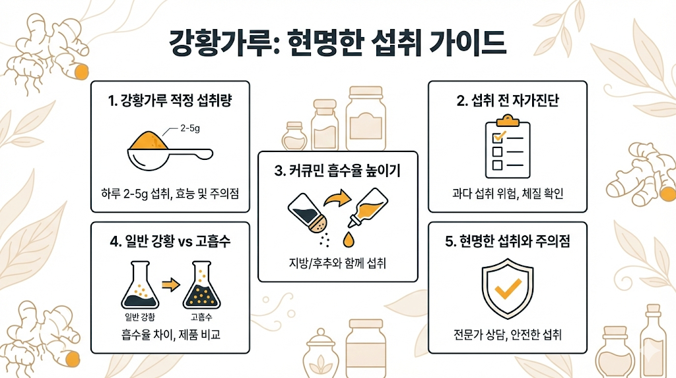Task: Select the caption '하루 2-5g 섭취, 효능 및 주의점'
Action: coord(170,194)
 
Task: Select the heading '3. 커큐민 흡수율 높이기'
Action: coord(337,171)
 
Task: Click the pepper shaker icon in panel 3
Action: coord(305,213)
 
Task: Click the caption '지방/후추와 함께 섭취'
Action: coord(337,263)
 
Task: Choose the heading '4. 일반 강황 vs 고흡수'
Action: coord(170,242)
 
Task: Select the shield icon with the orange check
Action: coord(508,288)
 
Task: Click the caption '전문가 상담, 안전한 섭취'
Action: coord(508,335)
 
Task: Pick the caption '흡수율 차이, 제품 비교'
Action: coord(170,335)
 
